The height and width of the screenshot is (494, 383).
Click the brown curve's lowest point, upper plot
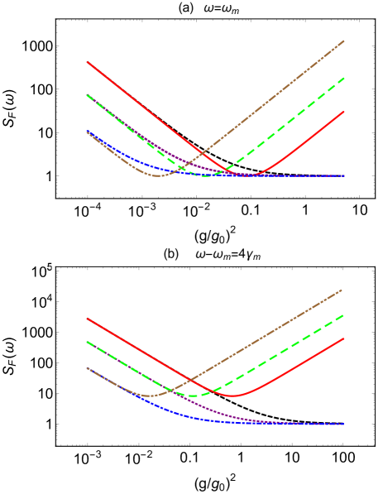(157, 175)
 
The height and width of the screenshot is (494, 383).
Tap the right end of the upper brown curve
(344, 41)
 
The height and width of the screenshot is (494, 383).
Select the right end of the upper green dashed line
(344, 78)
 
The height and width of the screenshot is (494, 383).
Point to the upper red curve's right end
(344, 112)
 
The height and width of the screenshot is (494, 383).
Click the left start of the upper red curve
(87, 62)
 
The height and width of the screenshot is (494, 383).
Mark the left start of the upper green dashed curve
(87, 95)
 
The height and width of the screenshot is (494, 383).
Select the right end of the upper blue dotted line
(344, 175)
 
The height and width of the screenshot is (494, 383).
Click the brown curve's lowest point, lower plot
(151, 396)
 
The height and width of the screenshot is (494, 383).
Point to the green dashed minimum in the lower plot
(193, 396)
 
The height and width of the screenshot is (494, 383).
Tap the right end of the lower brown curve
(342, 290)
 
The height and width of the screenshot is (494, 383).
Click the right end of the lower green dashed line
(343, 315)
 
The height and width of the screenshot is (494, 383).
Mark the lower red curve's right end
(343, 338)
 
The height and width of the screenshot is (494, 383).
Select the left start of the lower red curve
(87, 319)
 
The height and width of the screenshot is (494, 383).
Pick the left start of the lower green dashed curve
(87, 342)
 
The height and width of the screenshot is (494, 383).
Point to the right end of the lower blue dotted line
(343, 424)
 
